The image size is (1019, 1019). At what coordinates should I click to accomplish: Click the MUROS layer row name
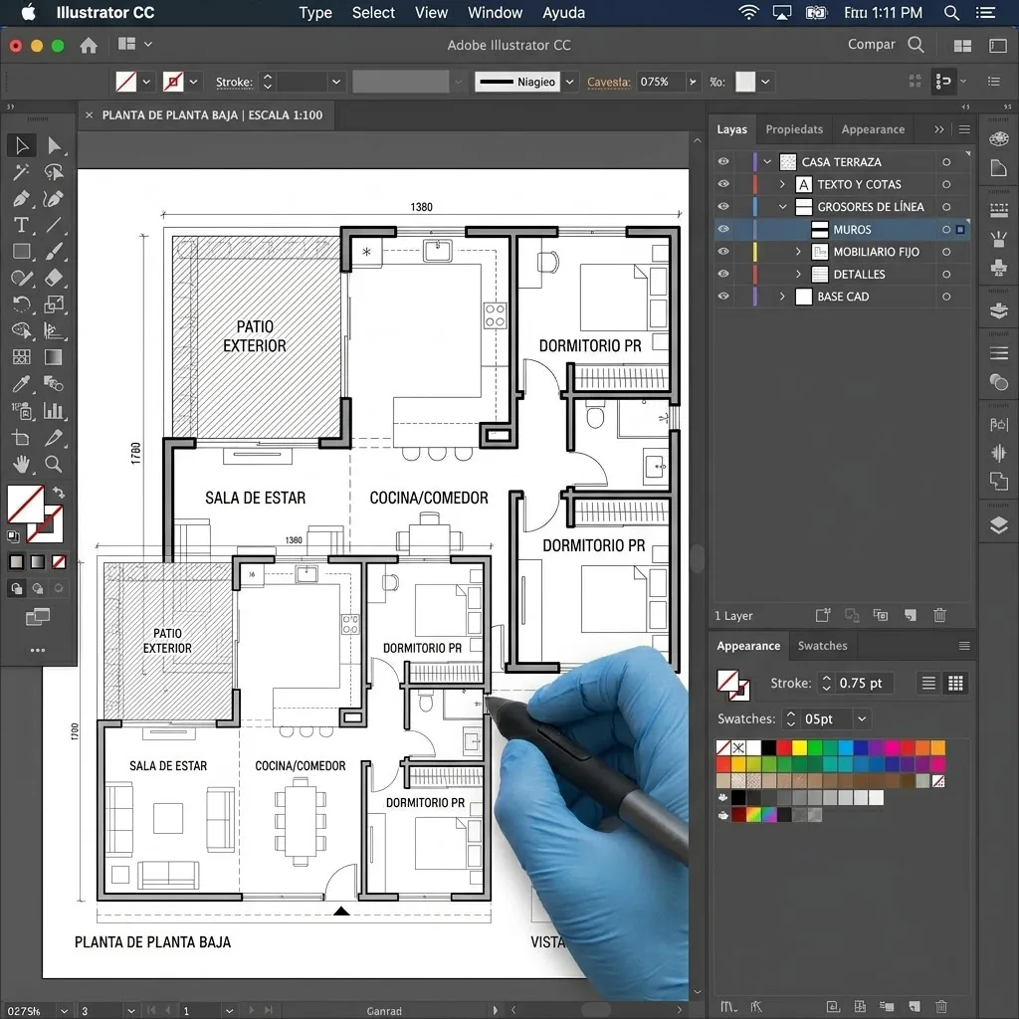pyautogui.click(x=852, y=229)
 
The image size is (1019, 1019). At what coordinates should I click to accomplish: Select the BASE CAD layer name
pyautogui.click(x=843, y=297)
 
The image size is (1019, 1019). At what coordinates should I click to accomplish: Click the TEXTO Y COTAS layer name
pyautogui.click(x=859, y=184)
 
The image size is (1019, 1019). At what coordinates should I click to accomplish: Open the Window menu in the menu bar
pyautogui.click(x=495, y=13)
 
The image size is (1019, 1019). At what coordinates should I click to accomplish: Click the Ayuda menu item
pyautogui.click(x=563, y=13)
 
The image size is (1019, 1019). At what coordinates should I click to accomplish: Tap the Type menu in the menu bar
pyautogui.click(x=315, y=13)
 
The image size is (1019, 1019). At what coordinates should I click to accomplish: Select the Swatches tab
pyautogui.click(x=822, y=646)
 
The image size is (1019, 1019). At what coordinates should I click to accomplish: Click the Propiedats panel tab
pyautogui.click(x=794, y=129)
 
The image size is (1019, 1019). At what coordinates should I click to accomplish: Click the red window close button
pyautogui.click(x=15, y=46)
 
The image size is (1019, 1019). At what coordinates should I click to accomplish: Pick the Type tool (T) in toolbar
pyautogui.click(x=21, y=225)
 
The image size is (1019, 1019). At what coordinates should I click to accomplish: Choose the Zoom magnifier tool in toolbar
pyautogui.click(x=54, y=464)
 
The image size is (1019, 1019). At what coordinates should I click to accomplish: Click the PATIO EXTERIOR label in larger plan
pyautogui.click(x=254, y=336)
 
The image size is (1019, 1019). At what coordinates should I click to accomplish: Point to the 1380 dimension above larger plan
pyautogui.click(x=421, y=207)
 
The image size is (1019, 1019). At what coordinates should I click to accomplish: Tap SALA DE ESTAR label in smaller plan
pyautogui.click(x=168, y=766)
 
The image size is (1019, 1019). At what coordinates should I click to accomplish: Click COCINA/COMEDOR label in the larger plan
pyautogui.click(x=429, y=498)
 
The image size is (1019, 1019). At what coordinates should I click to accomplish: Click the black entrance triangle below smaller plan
pyautogui.click(x=341, y=911)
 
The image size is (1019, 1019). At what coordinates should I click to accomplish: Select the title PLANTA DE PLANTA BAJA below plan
pyautogui.click(x=152, y=941)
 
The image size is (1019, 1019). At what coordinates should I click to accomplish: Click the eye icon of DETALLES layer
pyautogui.click(x=723, y=274)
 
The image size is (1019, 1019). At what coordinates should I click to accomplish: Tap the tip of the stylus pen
pyautogui.click(x=487, y=703)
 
